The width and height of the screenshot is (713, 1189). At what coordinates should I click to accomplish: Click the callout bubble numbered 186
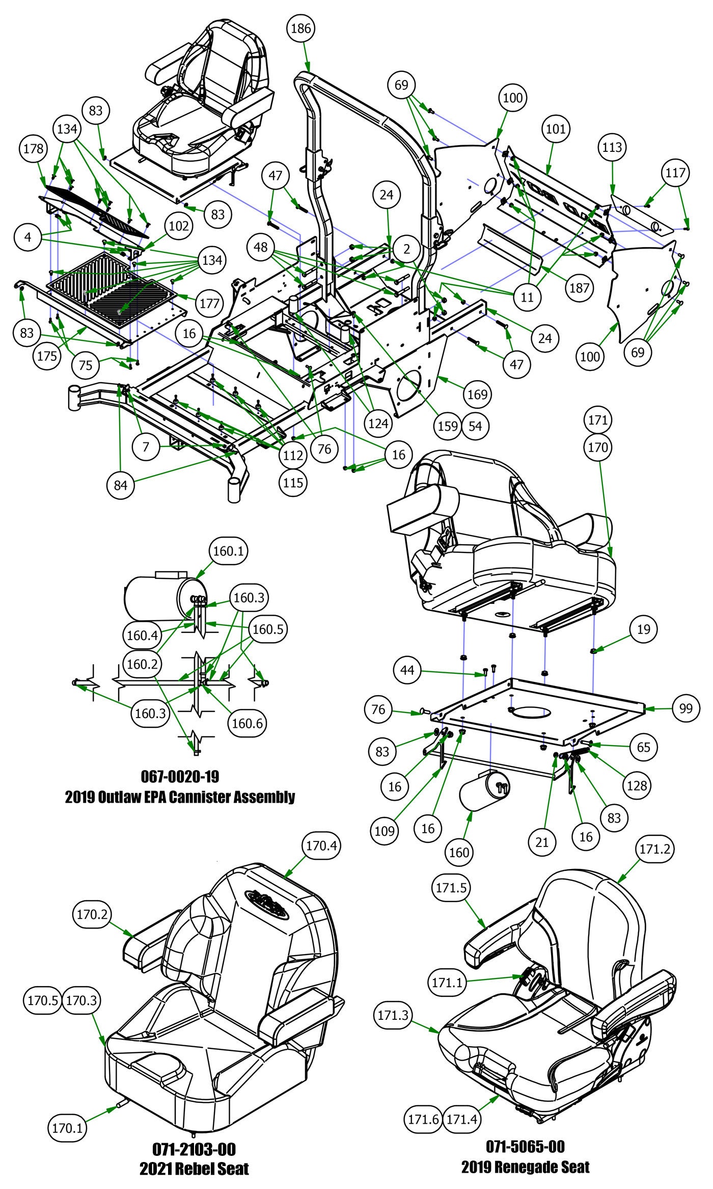point(300,29)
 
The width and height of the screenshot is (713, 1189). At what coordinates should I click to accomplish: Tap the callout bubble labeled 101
point(556,129)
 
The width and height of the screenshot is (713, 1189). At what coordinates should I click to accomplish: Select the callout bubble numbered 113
point(612,147)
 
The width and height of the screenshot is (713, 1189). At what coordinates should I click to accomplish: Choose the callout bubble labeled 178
point(34,150)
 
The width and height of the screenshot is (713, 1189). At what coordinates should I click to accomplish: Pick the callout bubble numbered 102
point(179,226)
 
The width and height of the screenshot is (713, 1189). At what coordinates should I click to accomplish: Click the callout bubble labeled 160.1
point(225,551)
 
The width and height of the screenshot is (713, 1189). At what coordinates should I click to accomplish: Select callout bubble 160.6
point(247,723)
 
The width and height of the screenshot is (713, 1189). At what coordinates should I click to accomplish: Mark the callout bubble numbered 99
point(686,709)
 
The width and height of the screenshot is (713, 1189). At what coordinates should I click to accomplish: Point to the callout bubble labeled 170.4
point(319,846)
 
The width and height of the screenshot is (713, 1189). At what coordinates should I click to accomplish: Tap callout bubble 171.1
point(448,982)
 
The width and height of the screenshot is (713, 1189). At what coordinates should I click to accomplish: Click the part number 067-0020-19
point(180,776)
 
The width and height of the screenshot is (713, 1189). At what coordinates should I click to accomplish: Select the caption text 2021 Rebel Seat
point(194,1154)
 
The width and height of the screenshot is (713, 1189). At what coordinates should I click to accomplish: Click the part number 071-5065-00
point(525,1132)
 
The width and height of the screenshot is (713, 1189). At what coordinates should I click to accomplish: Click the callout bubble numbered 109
point(385,831)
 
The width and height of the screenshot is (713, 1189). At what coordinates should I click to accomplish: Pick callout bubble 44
point(407,670)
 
